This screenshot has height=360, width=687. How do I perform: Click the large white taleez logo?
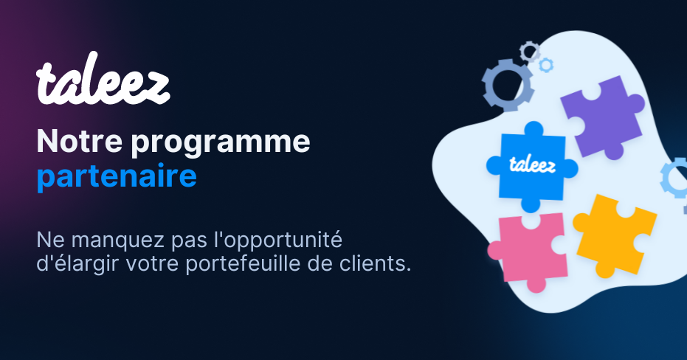pyautogui.click(x=103, y=83)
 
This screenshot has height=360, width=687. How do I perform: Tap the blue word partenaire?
pyautogui.click(x=117, y=177)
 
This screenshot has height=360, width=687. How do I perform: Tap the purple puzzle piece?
pyautogui.click(x=601, y=120)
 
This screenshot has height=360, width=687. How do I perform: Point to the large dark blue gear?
pyautogui.click(x=506, y=85)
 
